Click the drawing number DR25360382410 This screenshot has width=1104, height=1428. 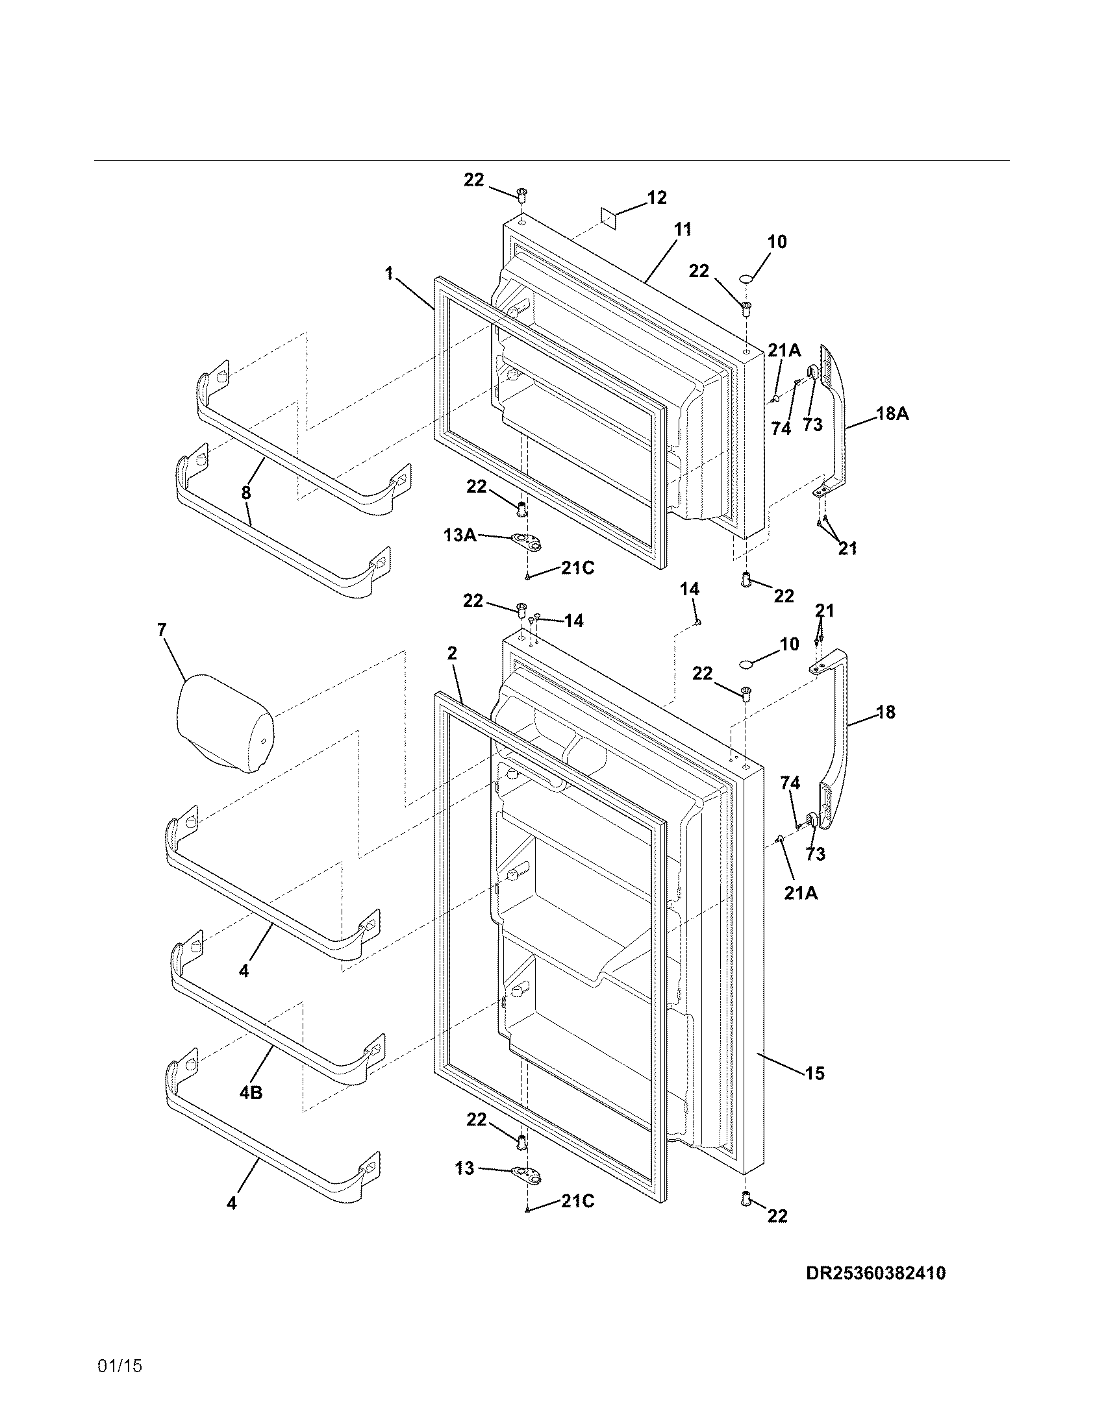tap(875, 1274)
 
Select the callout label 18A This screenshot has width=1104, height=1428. tap(892, 413)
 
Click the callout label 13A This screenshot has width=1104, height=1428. tap(460, 535)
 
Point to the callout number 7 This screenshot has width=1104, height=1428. tap(162, 630)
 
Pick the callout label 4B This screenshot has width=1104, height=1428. tap(251, 1092)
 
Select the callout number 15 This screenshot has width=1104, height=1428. tap(814, 1073)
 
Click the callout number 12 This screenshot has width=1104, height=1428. tap(657, 197)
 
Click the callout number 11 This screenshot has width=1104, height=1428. tap(682, 230)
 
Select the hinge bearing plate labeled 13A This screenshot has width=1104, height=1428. tap(528, 540)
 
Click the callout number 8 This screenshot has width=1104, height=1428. tap(246, 493)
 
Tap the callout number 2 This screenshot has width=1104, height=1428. tap(452, 653)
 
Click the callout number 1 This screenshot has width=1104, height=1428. tap(389, 273)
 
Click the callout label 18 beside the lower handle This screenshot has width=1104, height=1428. tap(885, 712)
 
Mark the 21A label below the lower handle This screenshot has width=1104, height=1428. tap(801, 892)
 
